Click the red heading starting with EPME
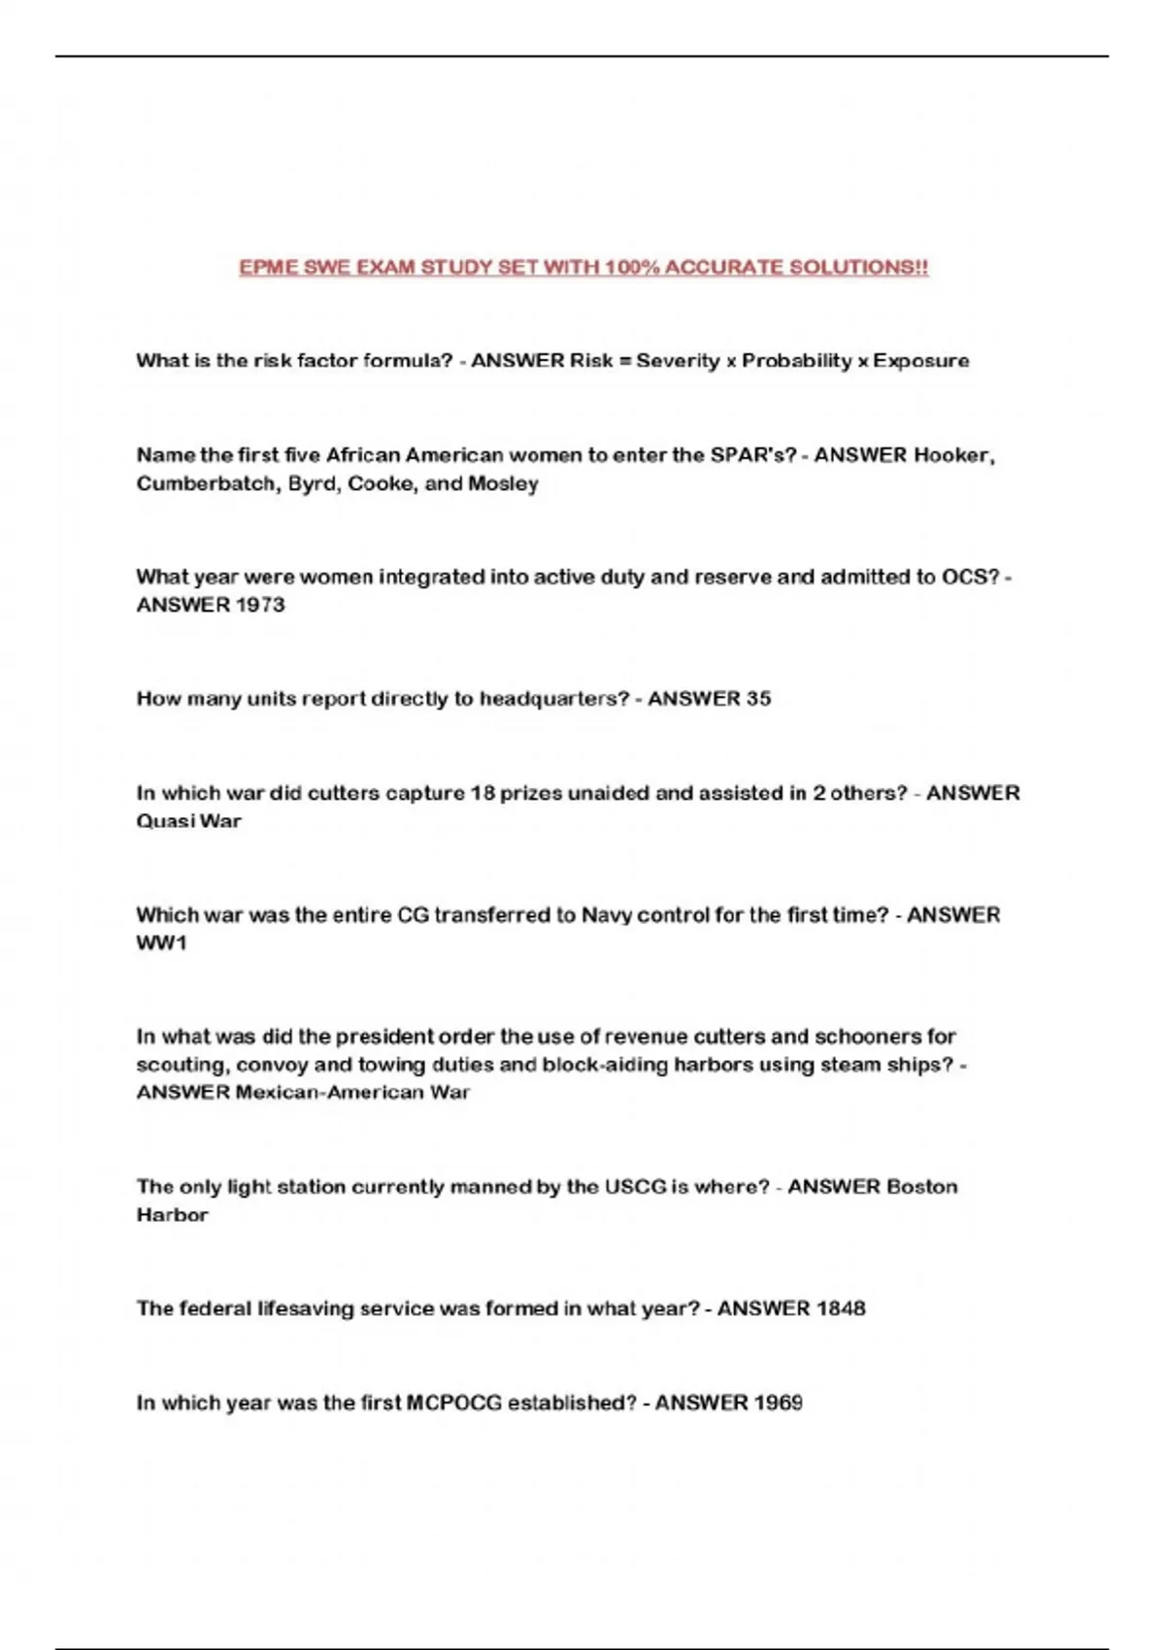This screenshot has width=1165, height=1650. click(x=583, y=267)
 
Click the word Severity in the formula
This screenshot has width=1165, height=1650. click(x=678, y=361)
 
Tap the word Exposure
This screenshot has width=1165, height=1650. click(x=920, y=361)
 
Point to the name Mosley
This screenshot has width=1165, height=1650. click(x=503, y=483)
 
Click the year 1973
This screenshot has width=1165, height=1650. click(x=260, y=605)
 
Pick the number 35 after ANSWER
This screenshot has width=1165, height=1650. click(x=758, y=699)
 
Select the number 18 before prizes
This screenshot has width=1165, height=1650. click(x=483, y=793)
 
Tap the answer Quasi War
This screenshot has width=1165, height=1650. click(x=188, y=821)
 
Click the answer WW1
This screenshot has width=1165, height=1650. click(x=161, y=943)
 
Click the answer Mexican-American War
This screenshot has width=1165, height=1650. click(x=352, y=1093)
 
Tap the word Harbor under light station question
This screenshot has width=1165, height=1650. click(x=172, y=1215)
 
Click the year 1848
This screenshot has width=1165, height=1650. click(x=840, y=1308)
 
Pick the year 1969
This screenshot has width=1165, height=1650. click(x=777, y=1402)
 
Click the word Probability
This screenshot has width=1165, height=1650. click(x=797, y=361)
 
